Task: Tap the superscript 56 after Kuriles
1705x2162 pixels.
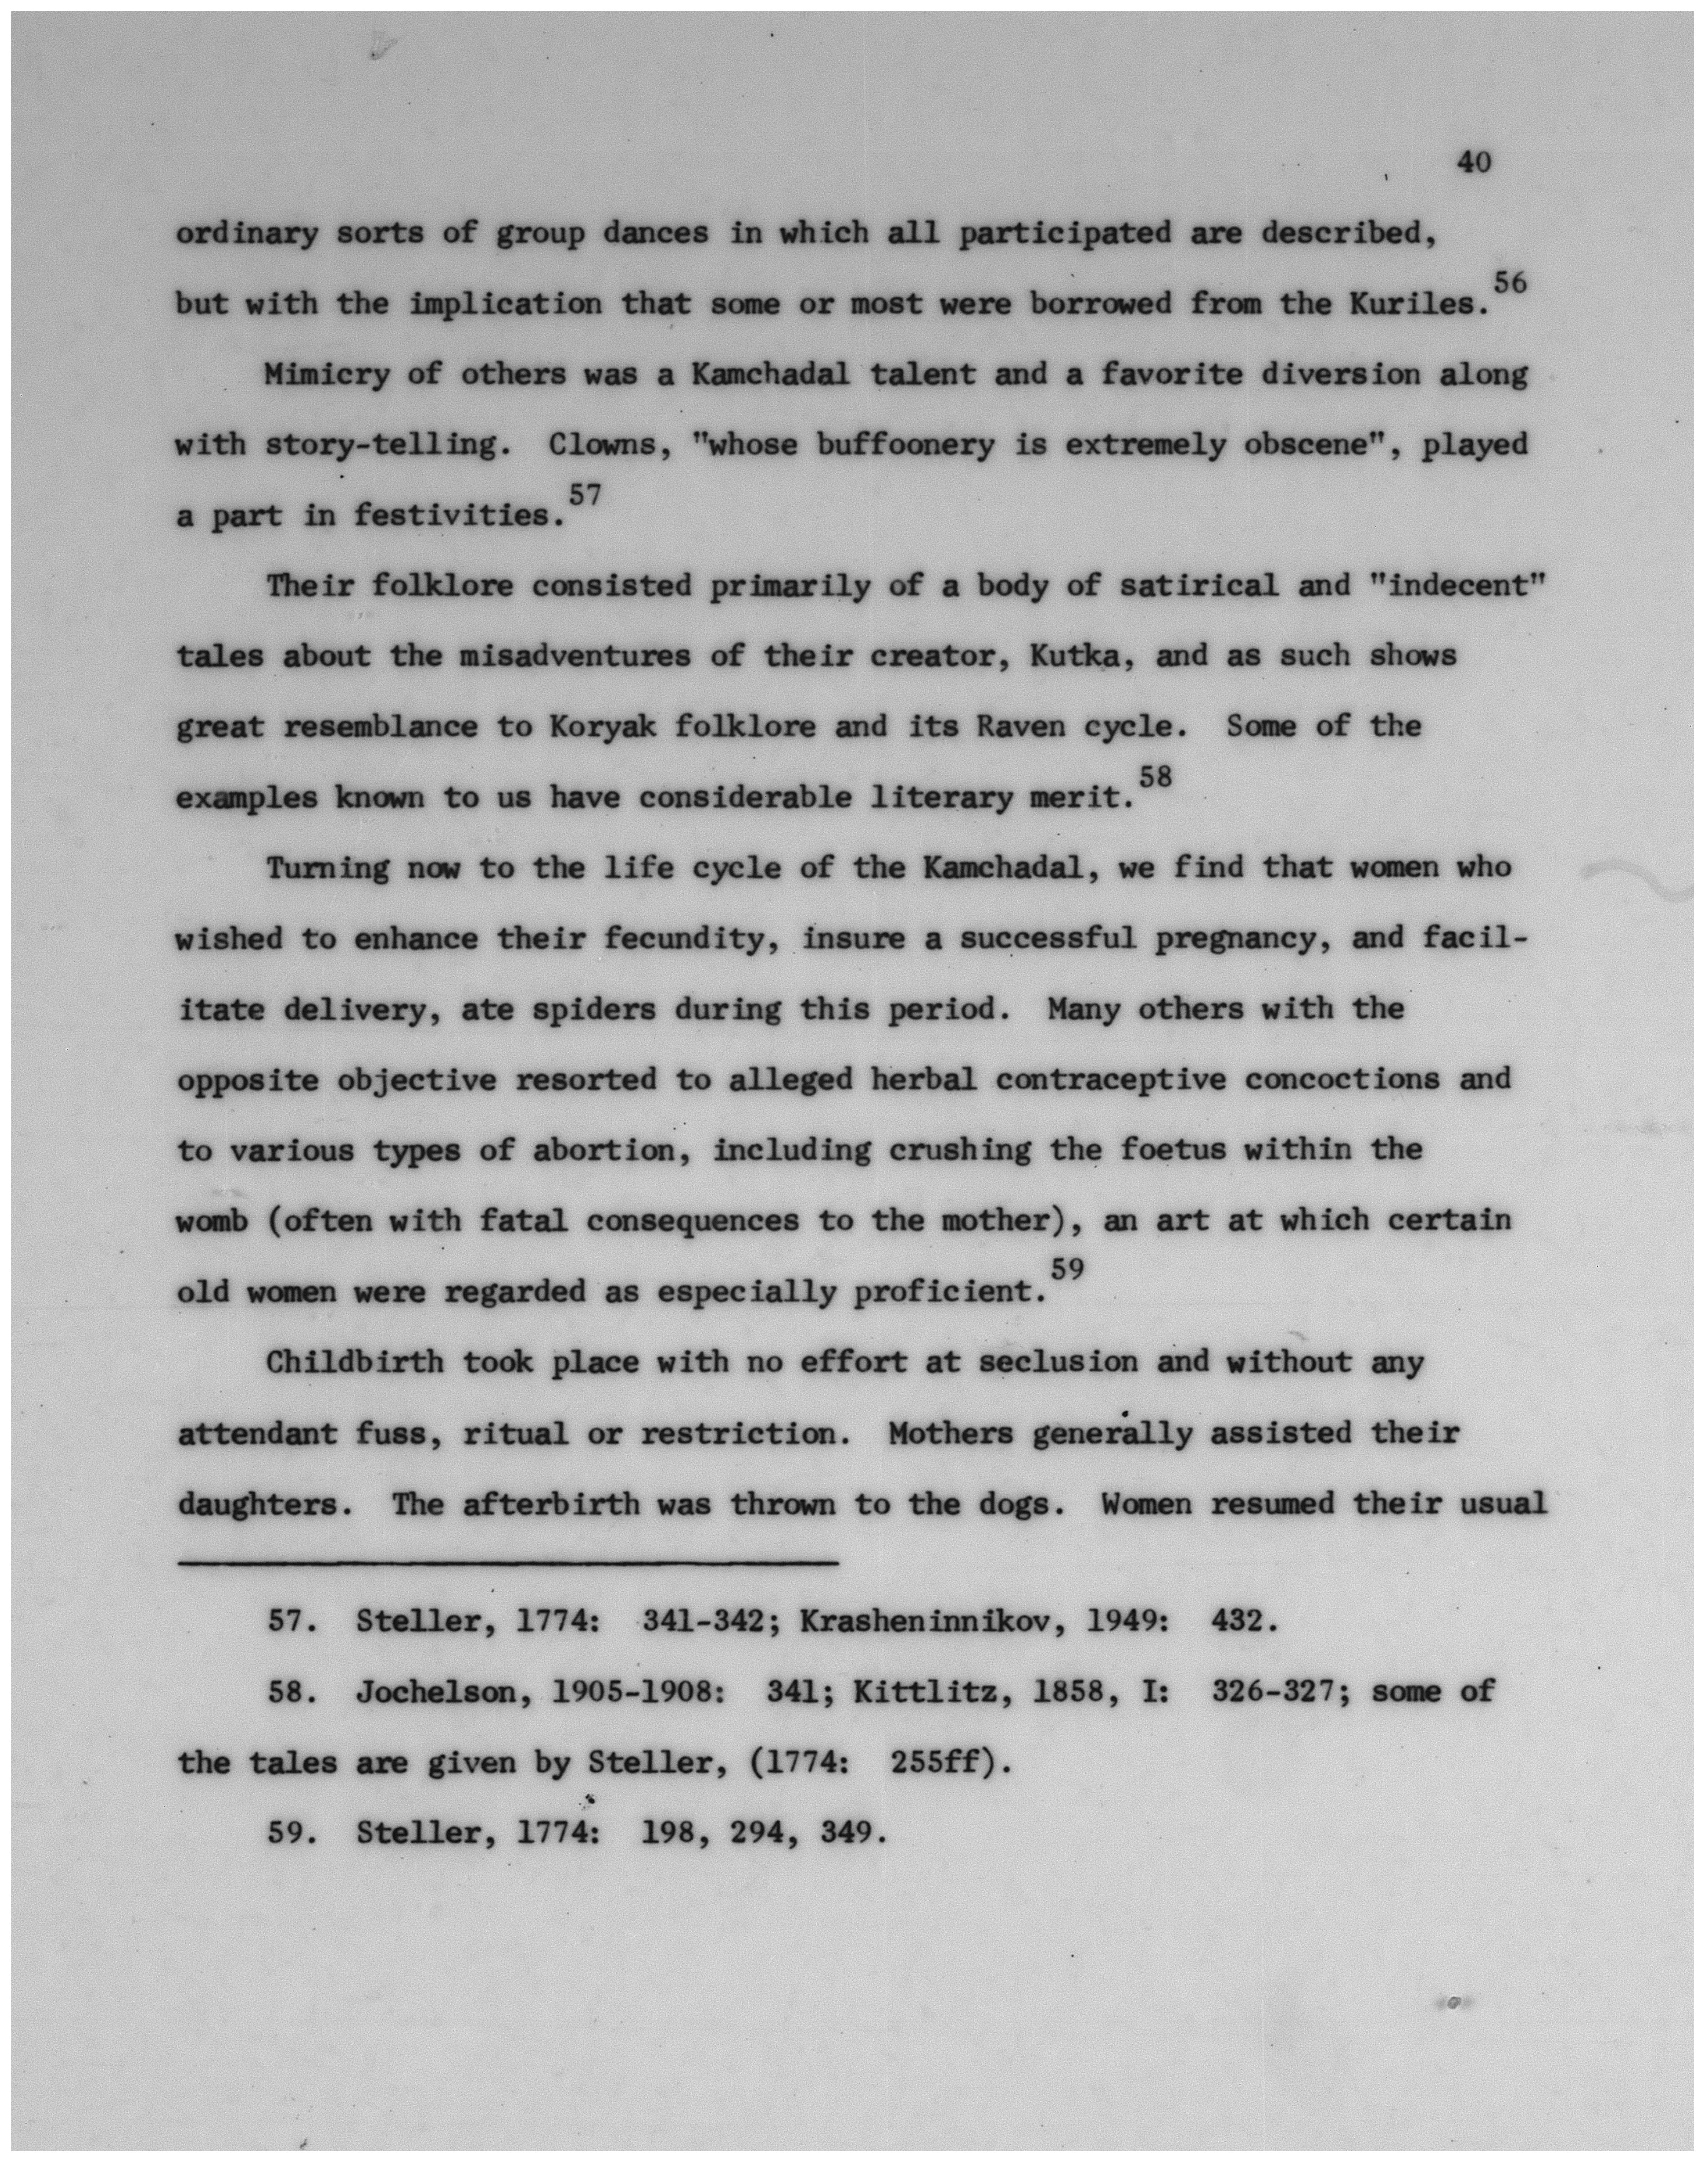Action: [1510, 283]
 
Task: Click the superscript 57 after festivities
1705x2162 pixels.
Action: [584, 494]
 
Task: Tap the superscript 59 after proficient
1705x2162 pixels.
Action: [1068, 1269]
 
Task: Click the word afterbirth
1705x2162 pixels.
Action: [550, 1504]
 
